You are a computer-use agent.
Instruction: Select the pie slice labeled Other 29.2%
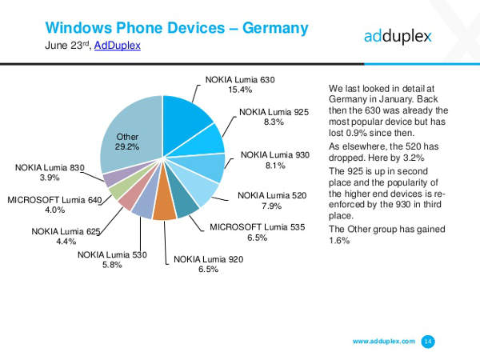pyautogui.click(x=128, y=136)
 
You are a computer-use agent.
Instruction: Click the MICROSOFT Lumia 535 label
pyautogui.click(x=258, y=227)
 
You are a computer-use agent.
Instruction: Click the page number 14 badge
pyautogui.click(x=428, y=342)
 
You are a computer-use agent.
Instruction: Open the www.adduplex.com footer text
pyautogui.click(x=383, y=342)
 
